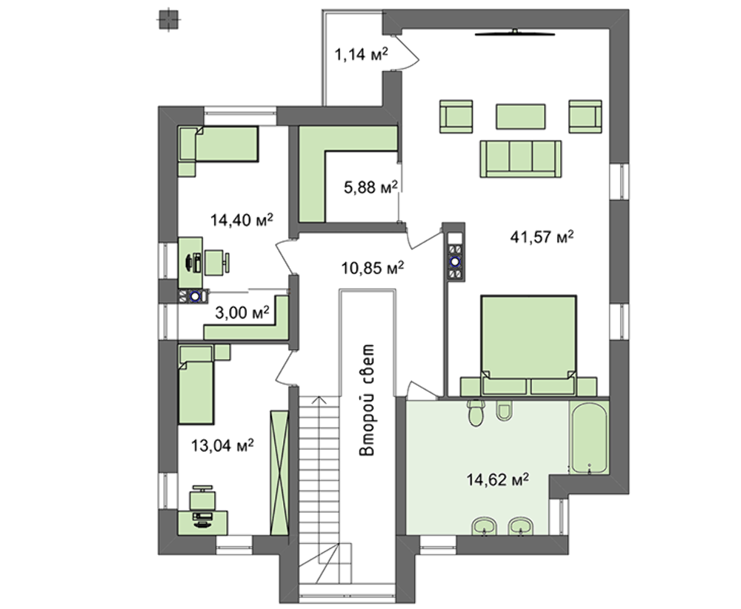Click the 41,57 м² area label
542,236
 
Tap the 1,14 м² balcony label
362,54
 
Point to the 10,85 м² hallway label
373,268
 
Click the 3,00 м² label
242,312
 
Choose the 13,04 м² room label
222,445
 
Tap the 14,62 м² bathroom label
498,479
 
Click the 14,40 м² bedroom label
242,220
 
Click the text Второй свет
367,399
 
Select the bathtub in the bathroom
589,437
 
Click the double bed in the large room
528,345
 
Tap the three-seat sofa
521,159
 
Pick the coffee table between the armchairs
520,116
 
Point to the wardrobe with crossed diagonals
279,473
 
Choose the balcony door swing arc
407,52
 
